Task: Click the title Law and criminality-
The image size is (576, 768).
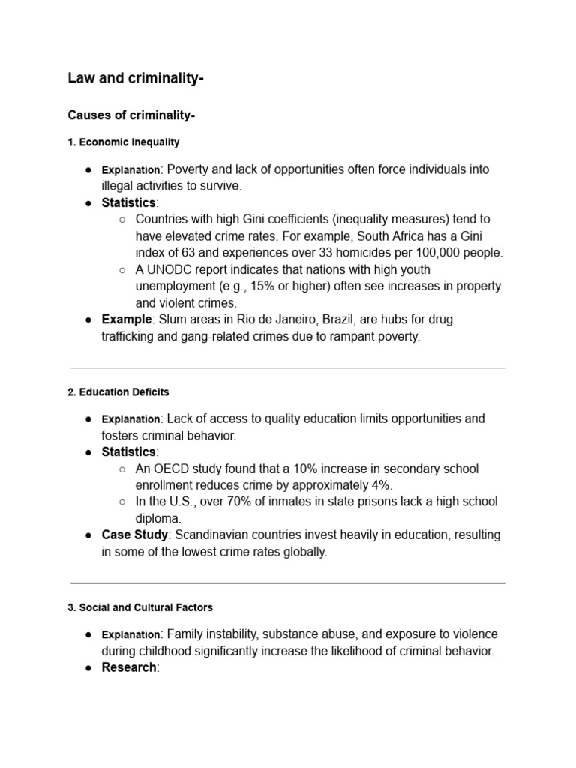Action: tap(136, 78)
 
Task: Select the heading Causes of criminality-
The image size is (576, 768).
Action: tap(131, 115)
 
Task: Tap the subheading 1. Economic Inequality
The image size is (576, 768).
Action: tap(124, 142)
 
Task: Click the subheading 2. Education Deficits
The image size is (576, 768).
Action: tap(118, 391)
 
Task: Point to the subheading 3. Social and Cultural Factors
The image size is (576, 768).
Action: tap(140, 607)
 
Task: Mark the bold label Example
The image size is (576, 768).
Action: tap(127, 319)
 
